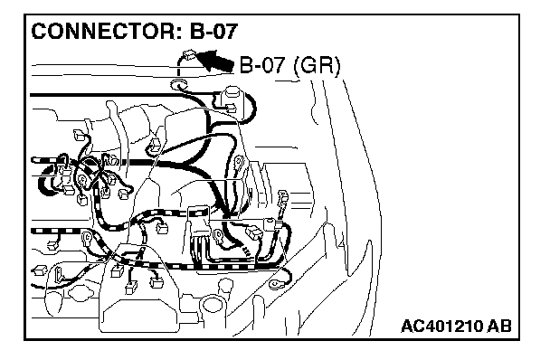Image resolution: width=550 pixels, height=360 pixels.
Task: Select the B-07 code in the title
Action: (x=213, y=31)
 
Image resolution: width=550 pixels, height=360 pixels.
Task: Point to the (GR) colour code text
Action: (x=317, y=66)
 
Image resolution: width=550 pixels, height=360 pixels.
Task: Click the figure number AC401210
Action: (x=442, y=326)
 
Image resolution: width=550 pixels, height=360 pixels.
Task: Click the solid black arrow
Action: (x=215, y=61)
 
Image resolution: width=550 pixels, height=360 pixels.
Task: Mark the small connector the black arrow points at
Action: (x=189, y=55)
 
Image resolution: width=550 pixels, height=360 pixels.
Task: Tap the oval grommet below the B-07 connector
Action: (x=178, y=84)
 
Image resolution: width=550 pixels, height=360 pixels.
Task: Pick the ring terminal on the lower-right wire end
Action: (x=276, y=283)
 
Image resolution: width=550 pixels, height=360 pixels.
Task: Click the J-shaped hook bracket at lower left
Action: (x=60, y=275)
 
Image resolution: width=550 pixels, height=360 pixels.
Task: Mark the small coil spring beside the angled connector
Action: (x=247, y=251)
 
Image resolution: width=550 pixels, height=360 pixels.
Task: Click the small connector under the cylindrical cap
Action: (x=231, y=107)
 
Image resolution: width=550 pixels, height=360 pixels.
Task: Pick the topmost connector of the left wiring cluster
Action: (x=79, y=135)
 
